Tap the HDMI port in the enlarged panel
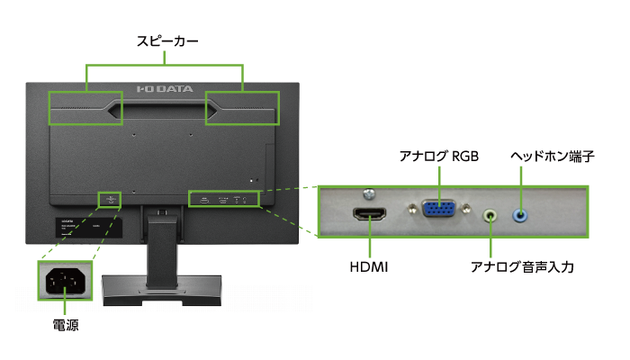370,214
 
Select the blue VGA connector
438,209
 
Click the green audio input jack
491,215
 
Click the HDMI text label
369,267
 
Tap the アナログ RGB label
438,157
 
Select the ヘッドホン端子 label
552,157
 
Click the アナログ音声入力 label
522,267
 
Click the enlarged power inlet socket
65,282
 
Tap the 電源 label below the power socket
65,327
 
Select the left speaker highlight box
85,108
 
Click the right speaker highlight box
242,108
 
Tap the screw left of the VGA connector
411,209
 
